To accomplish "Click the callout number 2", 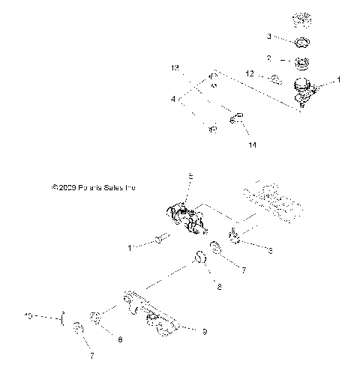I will [x=268, y=57].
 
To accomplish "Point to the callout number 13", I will [x=175, y=68].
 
